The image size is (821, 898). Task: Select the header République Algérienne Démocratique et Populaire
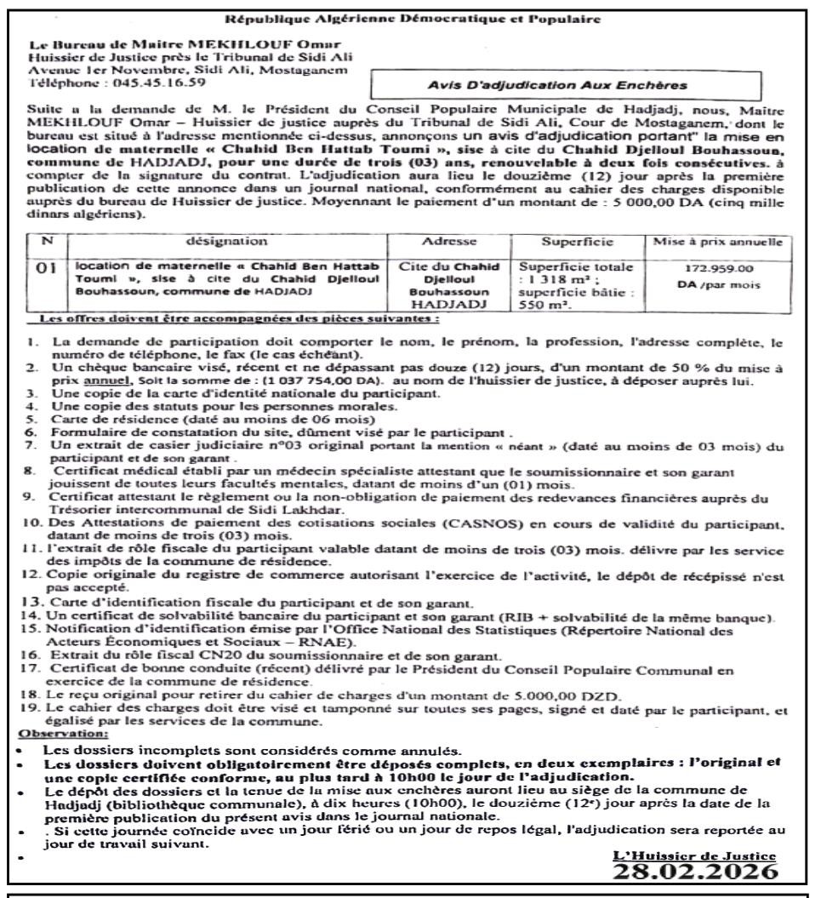[x=411, y=16]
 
